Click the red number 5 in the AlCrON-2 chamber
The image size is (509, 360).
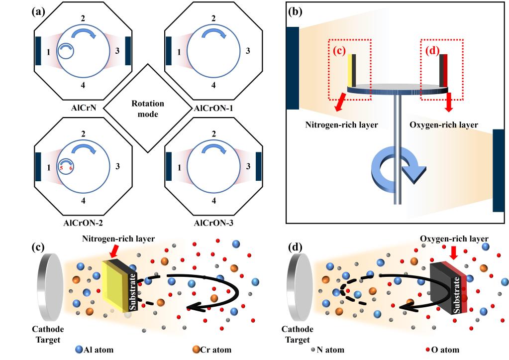[x=61, y=168]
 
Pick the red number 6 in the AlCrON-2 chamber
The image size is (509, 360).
[x=72, y=168]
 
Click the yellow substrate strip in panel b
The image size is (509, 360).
[x=350, y=71]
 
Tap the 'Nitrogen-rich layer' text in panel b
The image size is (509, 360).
[x=341, y=124]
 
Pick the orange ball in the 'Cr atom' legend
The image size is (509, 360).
[x=196, y=350]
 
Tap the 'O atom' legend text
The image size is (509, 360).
[x=448, y=350]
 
